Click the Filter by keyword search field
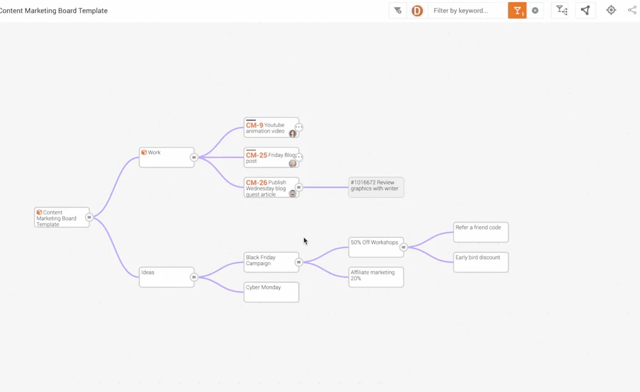[x=468, y=11]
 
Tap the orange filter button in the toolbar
[x=517, y=11]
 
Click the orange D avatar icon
[x=417, y=11]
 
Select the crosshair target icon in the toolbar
[x=611, y=10]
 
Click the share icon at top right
[x=632, y=10]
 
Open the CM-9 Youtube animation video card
[x=271, y=128]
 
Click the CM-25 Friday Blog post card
[x=271, y=158]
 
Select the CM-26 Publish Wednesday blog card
[x=271, y=187]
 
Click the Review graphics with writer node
[x=376, y=187]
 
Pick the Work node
[x=166, y=158]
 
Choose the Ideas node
[x=166, y=277]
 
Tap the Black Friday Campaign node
[x=271, y=262]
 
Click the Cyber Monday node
[x=271, y=292]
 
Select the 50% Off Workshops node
[x=376, y=247]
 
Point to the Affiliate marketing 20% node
[x=376, y=277]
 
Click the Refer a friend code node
[x=481, y=232]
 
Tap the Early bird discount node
[x=481, y=262]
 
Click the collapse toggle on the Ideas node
[x=194, y=277]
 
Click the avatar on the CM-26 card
[x=293, y=194]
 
